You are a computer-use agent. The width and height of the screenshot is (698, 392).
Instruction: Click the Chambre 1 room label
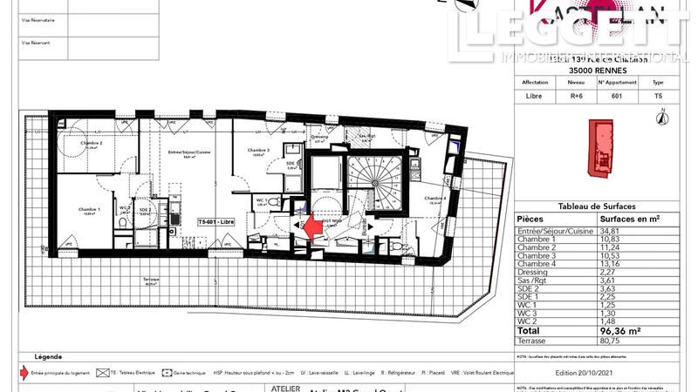89,210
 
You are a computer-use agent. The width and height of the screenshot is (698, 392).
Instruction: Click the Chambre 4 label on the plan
435,199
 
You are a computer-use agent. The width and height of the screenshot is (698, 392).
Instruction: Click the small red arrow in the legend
24,371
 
